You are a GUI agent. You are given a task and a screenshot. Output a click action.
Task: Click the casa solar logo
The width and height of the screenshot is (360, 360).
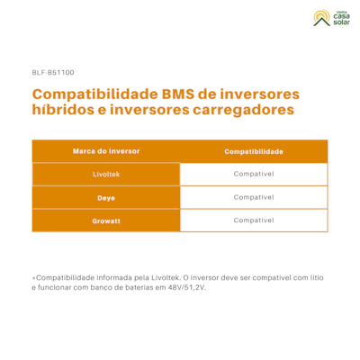coord(331,18)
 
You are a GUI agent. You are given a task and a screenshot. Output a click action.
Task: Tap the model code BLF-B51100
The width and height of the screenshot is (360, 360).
coord(53,73)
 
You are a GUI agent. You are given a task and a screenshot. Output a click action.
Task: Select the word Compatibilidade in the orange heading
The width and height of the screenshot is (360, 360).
coord(95,94)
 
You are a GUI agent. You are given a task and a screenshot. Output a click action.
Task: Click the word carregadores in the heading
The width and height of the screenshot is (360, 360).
coord(243,110)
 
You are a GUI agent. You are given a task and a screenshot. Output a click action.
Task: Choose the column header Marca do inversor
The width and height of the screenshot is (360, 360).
coord(106,151)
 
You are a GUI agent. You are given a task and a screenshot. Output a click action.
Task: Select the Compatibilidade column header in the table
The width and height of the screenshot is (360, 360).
coord(254,151)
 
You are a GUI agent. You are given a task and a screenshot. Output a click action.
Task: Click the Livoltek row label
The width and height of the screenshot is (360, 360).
coord(106,175)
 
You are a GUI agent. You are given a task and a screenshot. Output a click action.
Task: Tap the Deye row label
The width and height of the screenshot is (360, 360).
coord(106,198)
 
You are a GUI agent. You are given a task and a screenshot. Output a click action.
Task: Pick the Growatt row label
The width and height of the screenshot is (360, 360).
coord(106,221)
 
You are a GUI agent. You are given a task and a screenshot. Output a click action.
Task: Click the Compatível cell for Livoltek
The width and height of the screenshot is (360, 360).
coord(254,174)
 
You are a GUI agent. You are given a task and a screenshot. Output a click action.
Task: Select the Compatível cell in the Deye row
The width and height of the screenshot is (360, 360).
coord(254,197)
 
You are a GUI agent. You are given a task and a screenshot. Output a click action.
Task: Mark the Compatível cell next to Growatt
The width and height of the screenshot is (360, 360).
coord(254,220)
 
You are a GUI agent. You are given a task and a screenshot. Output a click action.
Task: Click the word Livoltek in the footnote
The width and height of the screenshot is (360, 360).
coord(166,278)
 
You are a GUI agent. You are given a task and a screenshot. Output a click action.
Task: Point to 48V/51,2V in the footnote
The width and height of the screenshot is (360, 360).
coord(187,287)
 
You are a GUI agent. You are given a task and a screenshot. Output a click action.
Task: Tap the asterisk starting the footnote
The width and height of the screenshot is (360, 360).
coord(34,278)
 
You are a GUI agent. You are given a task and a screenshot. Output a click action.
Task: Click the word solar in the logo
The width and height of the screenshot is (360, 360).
coord(341,22)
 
